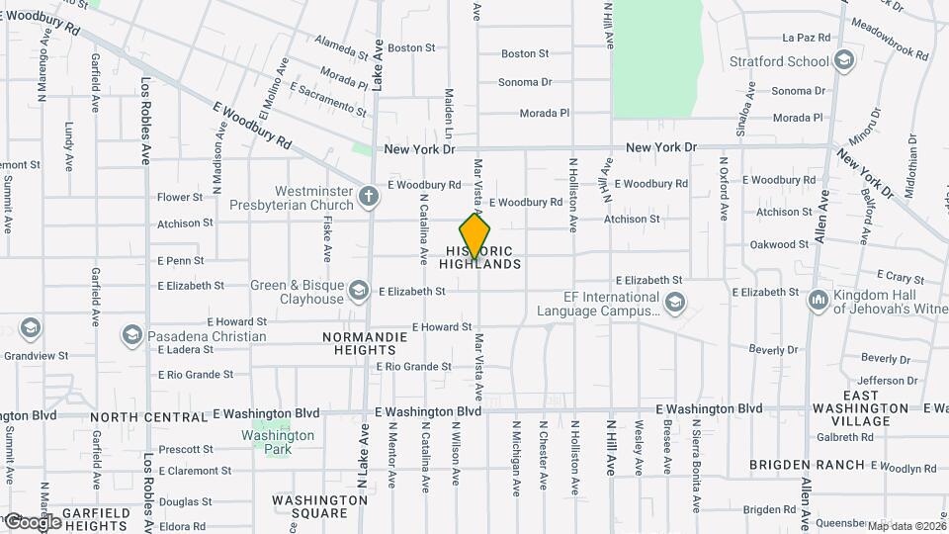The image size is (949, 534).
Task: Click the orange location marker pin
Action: [475, 236]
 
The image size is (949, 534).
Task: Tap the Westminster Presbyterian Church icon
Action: [369, 195]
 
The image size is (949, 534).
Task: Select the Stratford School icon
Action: [843, 61]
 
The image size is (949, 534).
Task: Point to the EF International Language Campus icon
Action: [674, 303]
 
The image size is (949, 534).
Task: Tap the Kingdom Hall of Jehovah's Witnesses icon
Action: [818, 300]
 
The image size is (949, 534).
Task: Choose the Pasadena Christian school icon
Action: [131, 335]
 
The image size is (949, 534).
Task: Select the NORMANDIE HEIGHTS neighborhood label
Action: [359, 343]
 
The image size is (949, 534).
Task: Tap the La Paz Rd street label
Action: [806, 38]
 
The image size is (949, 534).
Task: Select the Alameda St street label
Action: [341, 44]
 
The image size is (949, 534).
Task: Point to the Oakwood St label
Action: [779, 244]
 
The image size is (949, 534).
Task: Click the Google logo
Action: [32, 520]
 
